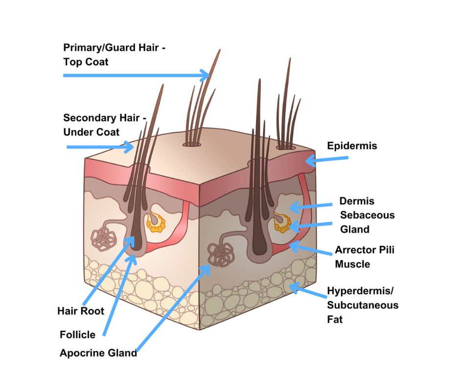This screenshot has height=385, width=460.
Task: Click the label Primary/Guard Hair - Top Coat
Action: pyautogui.click(x=118, y=55)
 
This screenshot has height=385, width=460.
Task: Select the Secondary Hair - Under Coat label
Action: pyautogui.click(x=105, y=125)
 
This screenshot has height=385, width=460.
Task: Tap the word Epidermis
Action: pyautogui.click(x=352, y=146)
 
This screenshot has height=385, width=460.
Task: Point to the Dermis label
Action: pyautogui.click(x=357, y=201)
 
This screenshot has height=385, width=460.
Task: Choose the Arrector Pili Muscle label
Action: pyautogui.click(x=364, y=257)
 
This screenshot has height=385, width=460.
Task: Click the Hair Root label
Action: pyautogui.click(x=81, y=311)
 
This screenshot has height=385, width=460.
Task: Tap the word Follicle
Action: pyautogui.click(x=77, y=335)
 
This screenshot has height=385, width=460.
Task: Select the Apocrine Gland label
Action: pyautogui.click(x=98, y=353)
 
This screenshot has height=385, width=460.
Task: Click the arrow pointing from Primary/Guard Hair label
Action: pyautogui.click(x=137, y=75)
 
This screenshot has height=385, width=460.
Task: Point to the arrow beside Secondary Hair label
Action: pyautogui.click(x=100, y=147)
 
